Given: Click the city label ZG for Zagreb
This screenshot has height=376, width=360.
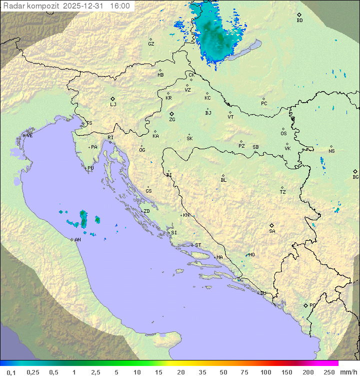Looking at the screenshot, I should point(172,120).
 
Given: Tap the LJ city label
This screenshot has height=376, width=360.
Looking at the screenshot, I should point(113,105).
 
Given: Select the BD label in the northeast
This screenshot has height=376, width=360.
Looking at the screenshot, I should point(299,21).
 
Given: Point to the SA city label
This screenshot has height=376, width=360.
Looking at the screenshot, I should point(272,231).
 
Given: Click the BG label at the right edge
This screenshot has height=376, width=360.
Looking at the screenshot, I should point(355,177).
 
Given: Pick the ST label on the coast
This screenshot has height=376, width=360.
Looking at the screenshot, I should point(198,245).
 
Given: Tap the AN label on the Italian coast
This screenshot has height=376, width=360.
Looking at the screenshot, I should point(77,240).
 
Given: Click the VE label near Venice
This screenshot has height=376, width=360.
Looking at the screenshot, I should point(29,136).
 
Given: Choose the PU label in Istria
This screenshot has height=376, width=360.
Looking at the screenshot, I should point(90,168).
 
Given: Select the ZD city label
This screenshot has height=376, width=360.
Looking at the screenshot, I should point(146,211).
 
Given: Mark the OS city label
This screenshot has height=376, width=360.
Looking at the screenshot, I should point(283,134).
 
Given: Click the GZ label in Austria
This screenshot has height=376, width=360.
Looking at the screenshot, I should point(151,44).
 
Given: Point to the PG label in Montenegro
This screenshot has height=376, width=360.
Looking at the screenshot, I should point(312,305).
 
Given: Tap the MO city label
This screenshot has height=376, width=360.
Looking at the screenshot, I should point(251,254).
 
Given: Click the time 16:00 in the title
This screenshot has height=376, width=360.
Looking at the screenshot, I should point(120,6).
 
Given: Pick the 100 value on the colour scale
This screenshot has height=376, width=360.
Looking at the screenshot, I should point(265,372).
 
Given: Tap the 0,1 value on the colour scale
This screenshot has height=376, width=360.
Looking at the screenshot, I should point(11,372).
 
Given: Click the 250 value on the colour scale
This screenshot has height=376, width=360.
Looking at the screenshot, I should point(329,372).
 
